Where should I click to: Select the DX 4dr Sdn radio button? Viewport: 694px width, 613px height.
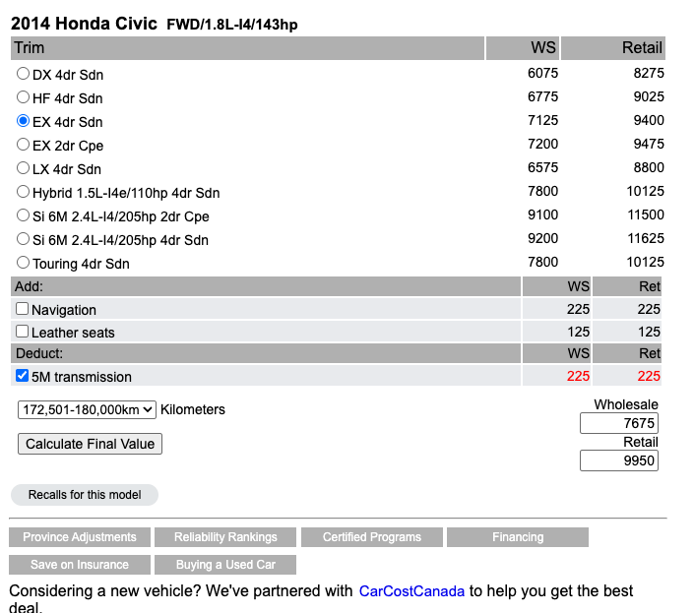coord(24,74)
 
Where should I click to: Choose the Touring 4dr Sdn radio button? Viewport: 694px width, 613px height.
coord(24,263)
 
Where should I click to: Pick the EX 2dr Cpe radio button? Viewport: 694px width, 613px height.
coord(24,145)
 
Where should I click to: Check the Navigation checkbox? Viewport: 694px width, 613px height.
coord(23,309)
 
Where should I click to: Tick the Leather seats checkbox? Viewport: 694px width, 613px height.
coord(23,332)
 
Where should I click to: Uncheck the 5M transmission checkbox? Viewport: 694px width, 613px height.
coord(23,376)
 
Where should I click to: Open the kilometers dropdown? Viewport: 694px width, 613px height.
coord(87,409)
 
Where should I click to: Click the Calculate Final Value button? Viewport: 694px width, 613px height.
coord(90,444)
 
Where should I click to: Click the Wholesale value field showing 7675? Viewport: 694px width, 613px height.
coord(619,423)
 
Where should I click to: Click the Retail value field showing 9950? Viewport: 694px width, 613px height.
coord(619,460)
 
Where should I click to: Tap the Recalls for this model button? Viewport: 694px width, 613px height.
coord(85,495)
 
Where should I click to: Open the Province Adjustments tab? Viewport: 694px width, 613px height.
coord(80,537)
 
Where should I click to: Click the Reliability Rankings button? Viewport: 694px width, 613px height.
coord(225,537)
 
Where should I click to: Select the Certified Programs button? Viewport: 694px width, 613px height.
coord(371,537)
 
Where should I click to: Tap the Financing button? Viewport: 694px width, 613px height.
coord(518,537)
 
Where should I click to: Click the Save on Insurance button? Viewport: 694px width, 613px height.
coord(80,565)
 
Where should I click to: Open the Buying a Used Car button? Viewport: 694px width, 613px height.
coord(225,565)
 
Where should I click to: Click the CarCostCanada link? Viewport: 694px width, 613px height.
coord(411,591)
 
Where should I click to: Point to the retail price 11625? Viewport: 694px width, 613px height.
coord(645,238)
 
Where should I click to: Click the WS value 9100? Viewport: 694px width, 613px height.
coord(542,215)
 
